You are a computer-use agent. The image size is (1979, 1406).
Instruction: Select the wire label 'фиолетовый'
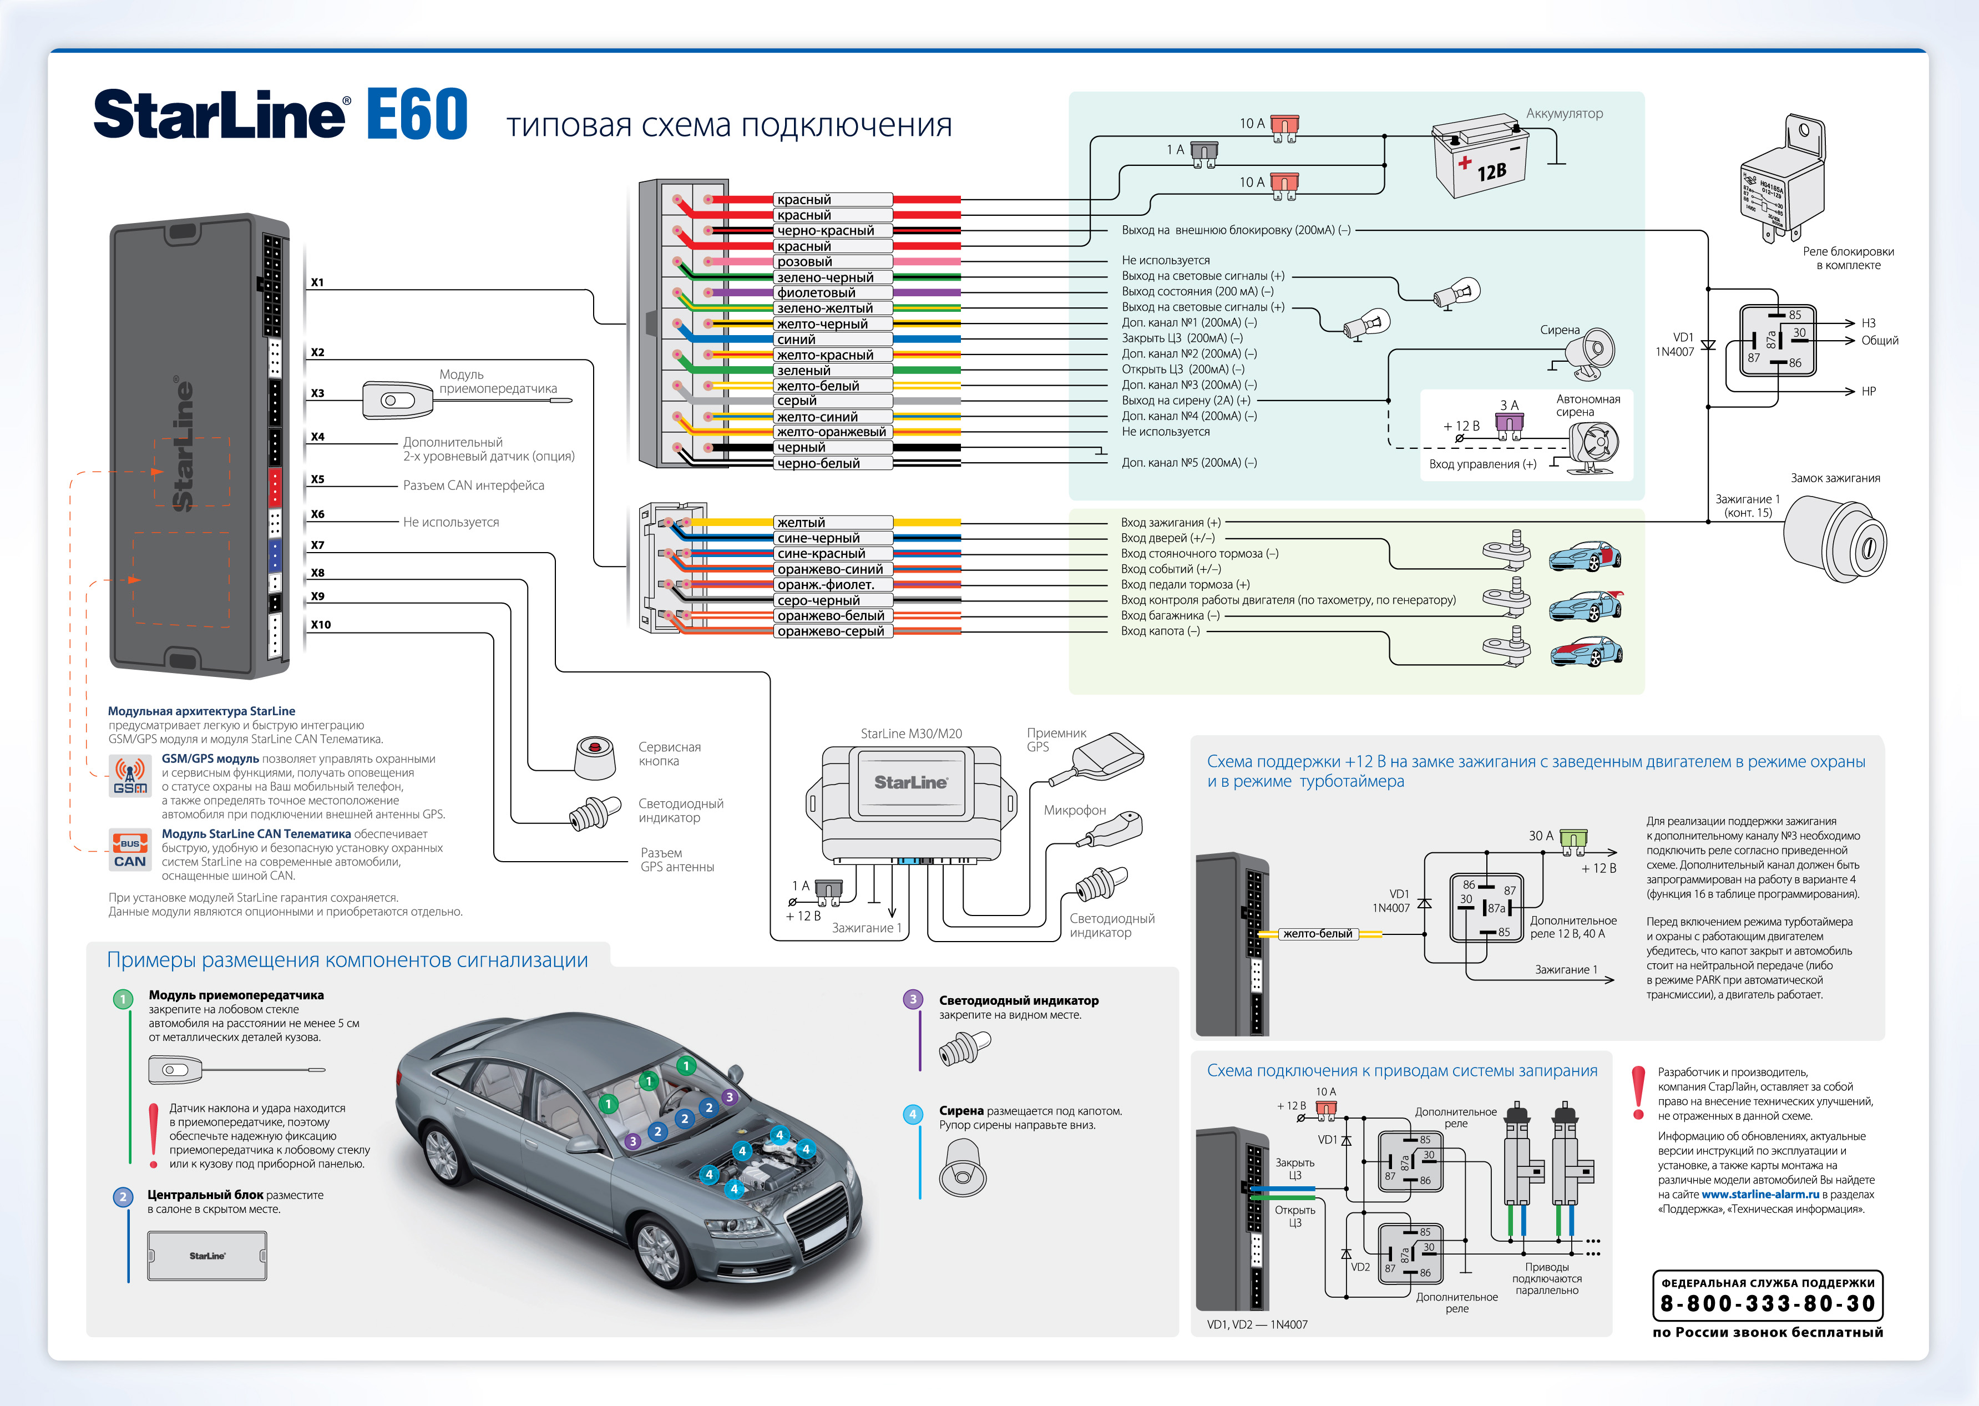pos(816,292)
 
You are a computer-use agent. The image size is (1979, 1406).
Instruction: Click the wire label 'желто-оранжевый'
pos(831,432)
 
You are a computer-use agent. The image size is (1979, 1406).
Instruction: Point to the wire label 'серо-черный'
pos(818,600)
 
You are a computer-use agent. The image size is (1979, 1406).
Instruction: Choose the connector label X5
pos(318,479)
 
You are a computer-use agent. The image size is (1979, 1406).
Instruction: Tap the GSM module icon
pos(130,775)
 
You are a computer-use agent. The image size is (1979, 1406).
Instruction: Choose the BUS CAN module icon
pos(130,849)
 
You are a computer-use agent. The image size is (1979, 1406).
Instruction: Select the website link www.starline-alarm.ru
pos(1760,1194)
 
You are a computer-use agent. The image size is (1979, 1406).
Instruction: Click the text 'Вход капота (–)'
pos(1160,631)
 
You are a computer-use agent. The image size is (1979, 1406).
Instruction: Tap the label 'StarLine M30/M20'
pos(911,734)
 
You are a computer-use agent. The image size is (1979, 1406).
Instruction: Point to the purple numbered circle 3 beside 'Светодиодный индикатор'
pos(913,999)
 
